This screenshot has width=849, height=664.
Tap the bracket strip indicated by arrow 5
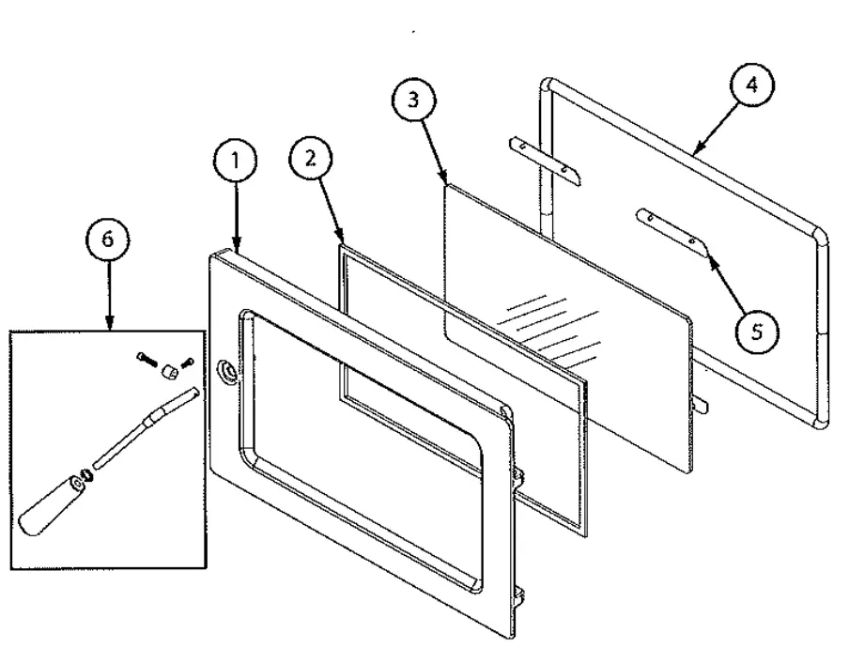click(x=671, y=228)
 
